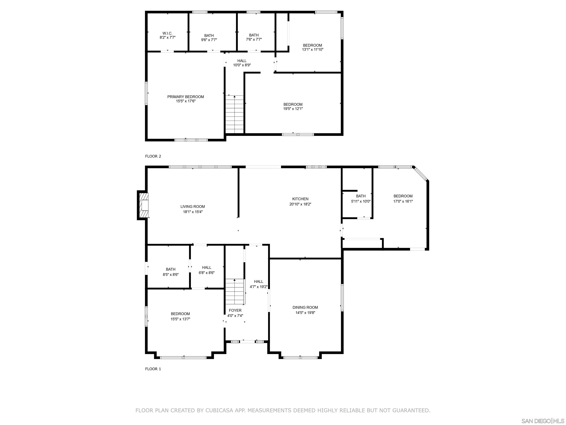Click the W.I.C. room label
(x=167, y=33)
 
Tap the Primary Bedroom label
(x=186, y=97)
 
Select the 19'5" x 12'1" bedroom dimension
(x=293, y=109)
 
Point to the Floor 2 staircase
(x=234, y=114)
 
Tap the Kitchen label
(x=300, y=199)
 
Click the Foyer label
(x=235, y=310)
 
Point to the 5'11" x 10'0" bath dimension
(x=361, y=201)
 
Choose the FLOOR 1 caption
(x=153, y=369)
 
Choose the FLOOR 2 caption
(x=153, y=156)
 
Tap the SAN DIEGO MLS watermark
(x=542, y=421)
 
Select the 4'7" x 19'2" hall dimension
(x=258, y=287)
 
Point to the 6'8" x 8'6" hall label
(x=207, y=267)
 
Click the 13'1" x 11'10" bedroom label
(x=312, y=45)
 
